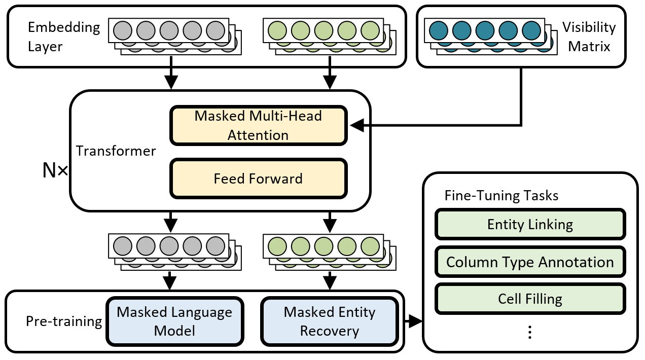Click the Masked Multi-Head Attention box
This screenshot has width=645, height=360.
(x=258, y=125)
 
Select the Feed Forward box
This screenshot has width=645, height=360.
(x=258, y=178)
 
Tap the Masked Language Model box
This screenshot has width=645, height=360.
(x=174, y=321)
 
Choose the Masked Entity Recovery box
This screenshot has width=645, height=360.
(x=329, y=321)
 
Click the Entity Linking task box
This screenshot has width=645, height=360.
(x=530, y=224)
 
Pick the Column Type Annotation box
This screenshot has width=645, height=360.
(x=530, y=262)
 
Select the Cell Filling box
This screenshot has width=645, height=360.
(x=530, y=299)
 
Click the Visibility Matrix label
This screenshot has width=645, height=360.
(x=589, y=37)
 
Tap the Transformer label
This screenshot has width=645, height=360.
(x=116, y=151)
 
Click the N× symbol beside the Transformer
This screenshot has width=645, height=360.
(x=55, y=171)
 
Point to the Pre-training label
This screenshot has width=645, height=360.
(x=64, y=321)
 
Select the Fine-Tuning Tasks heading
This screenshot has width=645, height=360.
(x=501, y=196)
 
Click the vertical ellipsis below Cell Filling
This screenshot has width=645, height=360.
(x=529, y=332)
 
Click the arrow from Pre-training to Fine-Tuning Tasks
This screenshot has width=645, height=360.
(x=414, y=321)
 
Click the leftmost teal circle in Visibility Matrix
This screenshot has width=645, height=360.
(x=439, y=30)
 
